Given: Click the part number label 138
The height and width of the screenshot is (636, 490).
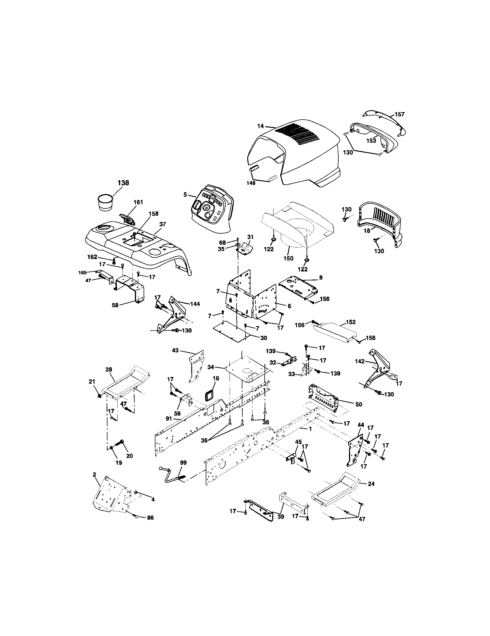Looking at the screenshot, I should tap(123, 183).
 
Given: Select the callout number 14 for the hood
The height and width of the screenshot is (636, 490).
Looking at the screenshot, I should tap(260, 126).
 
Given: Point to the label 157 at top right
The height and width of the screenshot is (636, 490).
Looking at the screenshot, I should tap(400, 114).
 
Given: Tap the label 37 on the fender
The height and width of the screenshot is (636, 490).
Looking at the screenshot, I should tap(162, 224).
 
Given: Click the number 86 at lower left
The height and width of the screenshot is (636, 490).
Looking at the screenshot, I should tap(150, 517).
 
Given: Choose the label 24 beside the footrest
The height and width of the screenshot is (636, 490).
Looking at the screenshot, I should tap(371, 484).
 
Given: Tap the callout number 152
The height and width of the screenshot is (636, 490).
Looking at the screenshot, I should tap(351, 322).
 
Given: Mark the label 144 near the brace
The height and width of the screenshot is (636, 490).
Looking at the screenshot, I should tap(195, 304).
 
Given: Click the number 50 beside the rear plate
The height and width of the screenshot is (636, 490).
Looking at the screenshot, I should tap(359, 404).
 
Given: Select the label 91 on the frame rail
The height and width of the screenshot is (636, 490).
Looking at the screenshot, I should tap(169, 419).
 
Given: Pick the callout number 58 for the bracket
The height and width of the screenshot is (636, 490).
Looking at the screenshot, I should tap(115, 306).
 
